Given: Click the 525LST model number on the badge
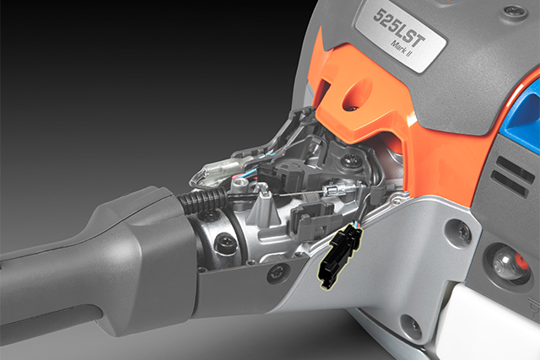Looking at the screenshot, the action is pyautogui.click(x=398, y=29).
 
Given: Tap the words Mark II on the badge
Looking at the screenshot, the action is pyautogui.click(x=402, y=49).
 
